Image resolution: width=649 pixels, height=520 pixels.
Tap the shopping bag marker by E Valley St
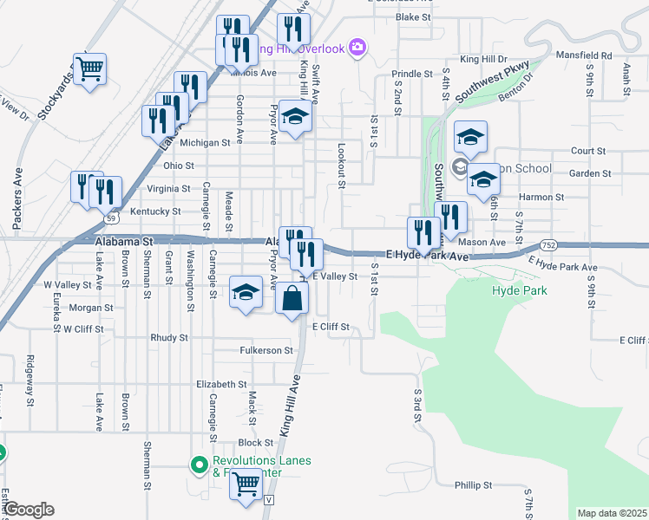click(292, 299)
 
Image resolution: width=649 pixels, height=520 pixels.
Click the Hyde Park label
click(519, 291)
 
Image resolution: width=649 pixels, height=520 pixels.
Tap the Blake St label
click(413, 16)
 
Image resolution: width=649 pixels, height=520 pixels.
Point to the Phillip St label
click(474, 485)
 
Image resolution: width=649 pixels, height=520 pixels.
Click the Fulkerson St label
click(266, 350)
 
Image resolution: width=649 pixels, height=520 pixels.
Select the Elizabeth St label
click(222, 384)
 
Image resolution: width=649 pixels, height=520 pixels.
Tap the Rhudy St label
click(169, 337)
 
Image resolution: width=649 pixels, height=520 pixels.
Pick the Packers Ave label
click(16, 198)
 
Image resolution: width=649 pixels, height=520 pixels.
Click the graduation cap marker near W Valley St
click(246, 292)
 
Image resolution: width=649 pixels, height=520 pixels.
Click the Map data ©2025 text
click(612, 513)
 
